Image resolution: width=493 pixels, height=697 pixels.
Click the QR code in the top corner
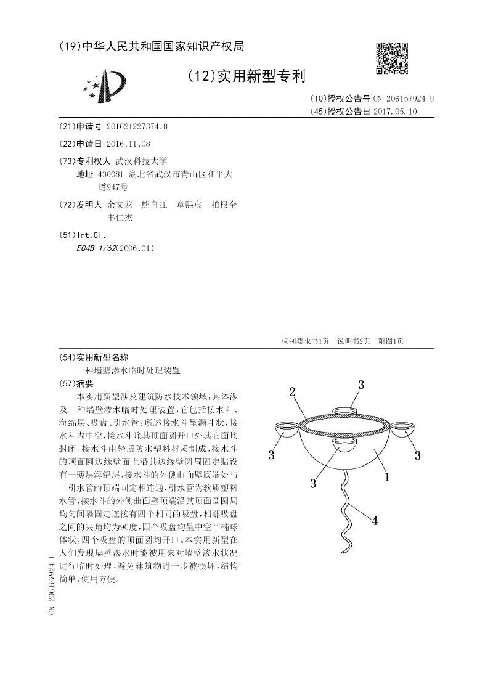tap(392, 58)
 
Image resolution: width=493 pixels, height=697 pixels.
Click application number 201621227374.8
tap(136, 126)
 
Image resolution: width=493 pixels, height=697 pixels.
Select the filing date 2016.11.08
tap(128, 144)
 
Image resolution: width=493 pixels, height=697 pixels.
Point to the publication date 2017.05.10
tap(395, 112)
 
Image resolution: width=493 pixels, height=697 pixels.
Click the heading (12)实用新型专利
tap(245, 76)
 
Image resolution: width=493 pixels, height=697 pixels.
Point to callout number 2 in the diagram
tap(292, 392)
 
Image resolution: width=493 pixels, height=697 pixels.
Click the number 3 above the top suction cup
tap(361, 385)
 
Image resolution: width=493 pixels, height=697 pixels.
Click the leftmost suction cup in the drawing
tap(285, 428)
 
